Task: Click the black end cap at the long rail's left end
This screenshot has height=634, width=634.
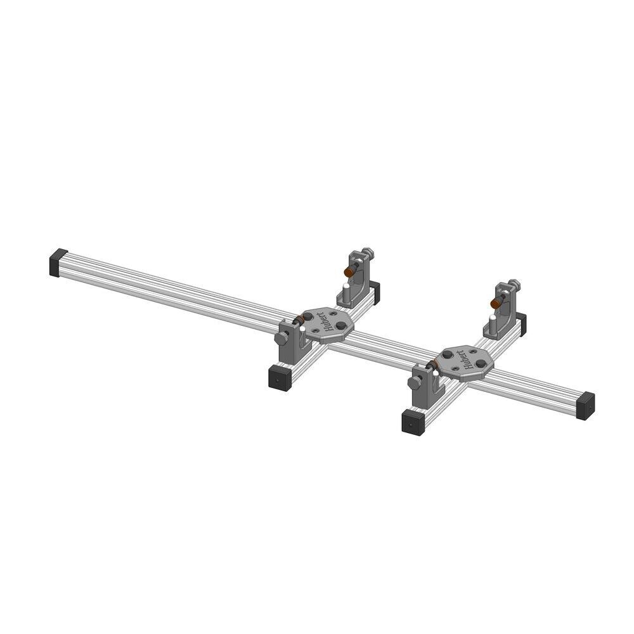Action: pos(58,262)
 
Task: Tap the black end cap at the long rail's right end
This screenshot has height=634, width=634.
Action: pos(585,406)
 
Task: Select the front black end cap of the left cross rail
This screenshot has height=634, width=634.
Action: pos(280,378)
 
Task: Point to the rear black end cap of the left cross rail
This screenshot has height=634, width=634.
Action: pos(375,292)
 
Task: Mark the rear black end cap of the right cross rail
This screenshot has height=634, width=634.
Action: pos(522,323)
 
